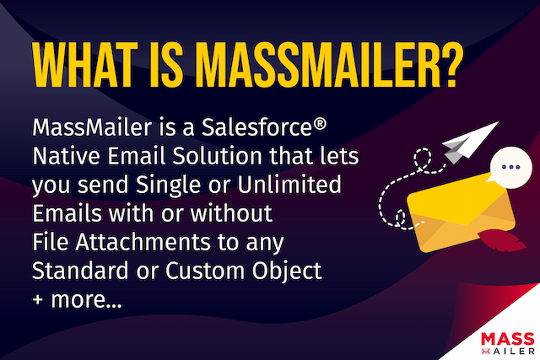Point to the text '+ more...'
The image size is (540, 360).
point(77,299)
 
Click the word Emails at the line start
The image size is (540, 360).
point(62,214)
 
